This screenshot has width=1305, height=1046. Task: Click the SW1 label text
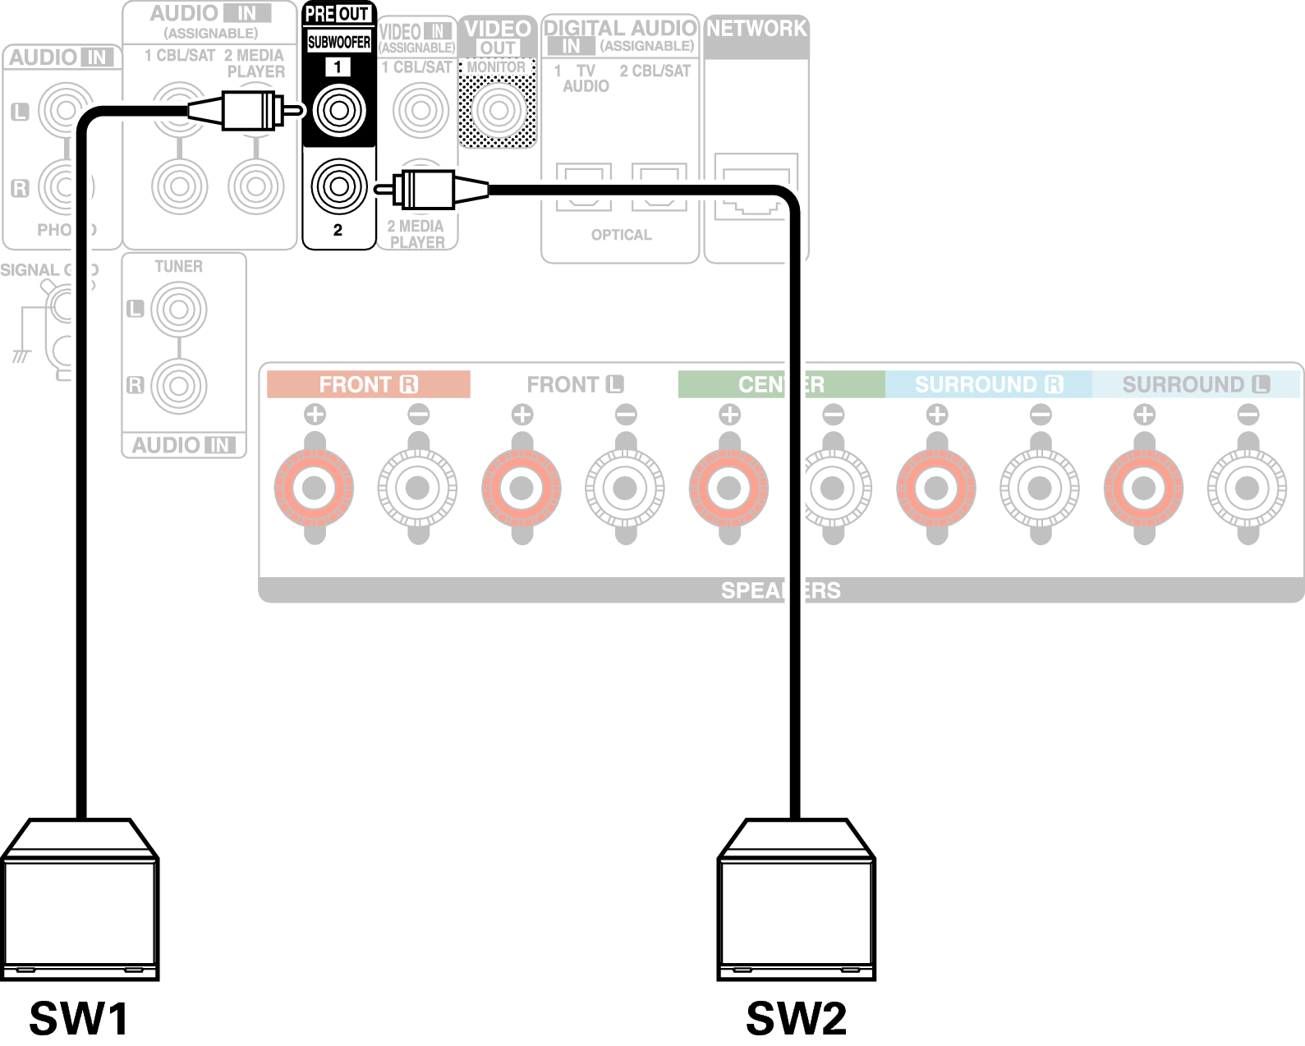[79, 1018]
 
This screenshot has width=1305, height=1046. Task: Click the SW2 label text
[796, 1018]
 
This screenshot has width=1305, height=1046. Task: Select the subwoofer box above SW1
[80, 903]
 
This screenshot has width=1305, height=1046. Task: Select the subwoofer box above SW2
[796, 903]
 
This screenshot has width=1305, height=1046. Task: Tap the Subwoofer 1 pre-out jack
[338, 110]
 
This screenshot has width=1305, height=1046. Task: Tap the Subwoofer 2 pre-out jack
[338, 186]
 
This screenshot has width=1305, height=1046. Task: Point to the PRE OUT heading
[338, 14]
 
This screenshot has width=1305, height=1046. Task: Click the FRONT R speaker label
[368, 384]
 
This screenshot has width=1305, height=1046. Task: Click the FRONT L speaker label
[575, 384]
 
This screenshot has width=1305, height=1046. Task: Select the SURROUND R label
[988, 384]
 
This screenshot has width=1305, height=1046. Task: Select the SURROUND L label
[1196, 384]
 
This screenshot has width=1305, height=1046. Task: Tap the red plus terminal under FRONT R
[314, 489]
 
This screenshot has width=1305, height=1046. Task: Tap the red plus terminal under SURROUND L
[1143, 489]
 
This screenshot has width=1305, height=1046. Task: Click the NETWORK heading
[756, 29]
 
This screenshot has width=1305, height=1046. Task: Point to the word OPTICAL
[621, 235]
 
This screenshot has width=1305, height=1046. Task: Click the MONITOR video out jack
[498, 110]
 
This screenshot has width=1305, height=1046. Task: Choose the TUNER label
[178, 267]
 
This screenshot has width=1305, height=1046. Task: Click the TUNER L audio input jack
[179, 310]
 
